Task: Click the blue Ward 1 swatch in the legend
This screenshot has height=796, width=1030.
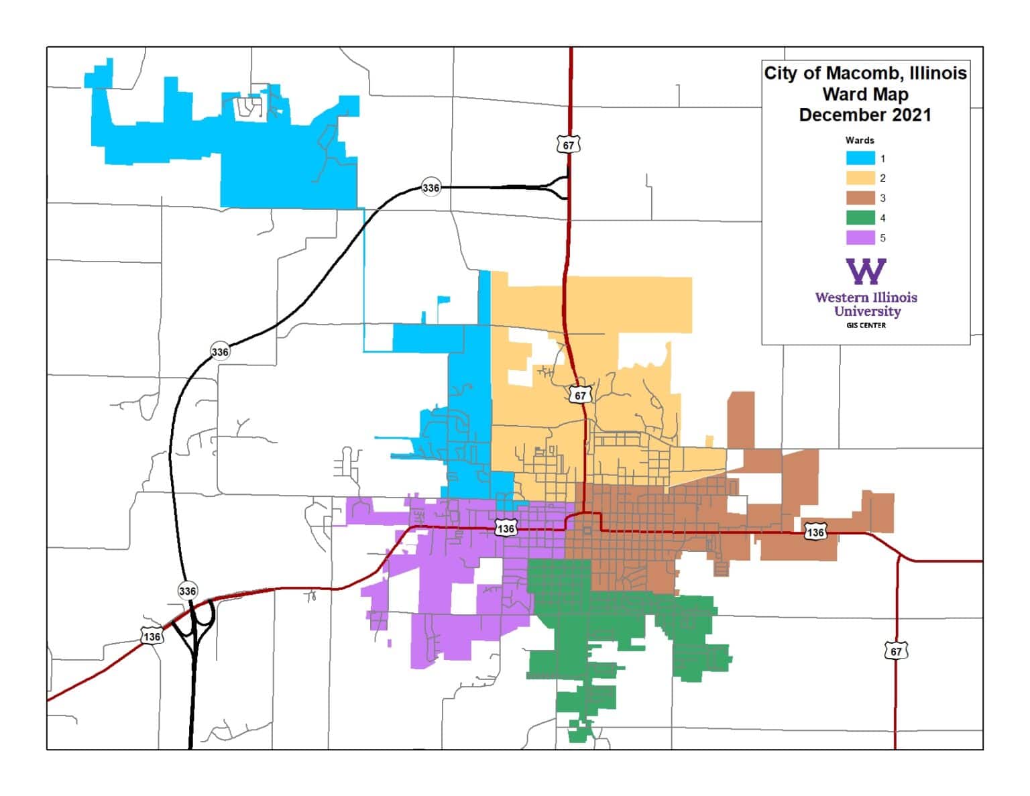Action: (860, 159)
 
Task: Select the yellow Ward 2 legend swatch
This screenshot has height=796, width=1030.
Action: (860, 178)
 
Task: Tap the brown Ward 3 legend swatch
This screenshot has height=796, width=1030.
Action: (860, 198)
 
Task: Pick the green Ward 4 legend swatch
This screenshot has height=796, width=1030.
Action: (860, 218)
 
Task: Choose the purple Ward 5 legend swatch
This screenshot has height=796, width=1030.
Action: (860, 238)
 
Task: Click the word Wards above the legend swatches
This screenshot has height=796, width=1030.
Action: (859, 140)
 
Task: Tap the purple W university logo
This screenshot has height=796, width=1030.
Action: (866, 272)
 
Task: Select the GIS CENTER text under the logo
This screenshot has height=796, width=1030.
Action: (866, 325)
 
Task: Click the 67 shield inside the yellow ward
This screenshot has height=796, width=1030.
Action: (580, 395)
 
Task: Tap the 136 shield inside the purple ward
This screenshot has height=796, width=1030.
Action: (506, 528)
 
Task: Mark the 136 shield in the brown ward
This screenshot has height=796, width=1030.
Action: (815, 532)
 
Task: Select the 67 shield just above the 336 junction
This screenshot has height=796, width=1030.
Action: (568, 145)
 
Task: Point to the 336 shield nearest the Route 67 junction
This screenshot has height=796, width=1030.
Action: (431, 188)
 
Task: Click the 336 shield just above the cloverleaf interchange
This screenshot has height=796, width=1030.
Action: (188, 591)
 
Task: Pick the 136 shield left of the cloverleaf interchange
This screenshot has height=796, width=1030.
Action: (152, 636)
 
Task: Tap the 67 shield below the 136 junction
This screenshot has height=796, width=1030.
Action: (896, 651)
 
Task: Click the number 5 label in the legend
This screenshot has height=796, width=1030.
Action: (882, 238)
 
